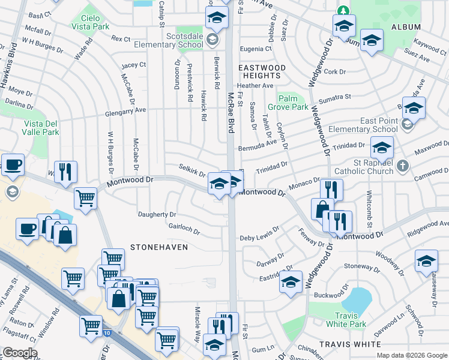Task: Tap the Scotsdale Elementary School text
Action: (x=176, y=40)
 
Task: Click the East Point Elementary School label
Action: (x=379, y=125)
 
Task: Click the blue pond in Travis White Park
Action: (x=357, y=299)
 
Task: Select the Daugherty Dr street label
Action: (x=157, y=214)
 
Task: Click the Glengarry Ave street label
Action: (x=124, y=110)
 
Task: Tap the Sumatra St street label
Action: (x=335, y=97)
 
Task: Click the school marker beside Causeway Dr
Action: (x=426, y=260)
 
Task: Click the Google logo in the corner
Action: (x=20, y=353)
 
